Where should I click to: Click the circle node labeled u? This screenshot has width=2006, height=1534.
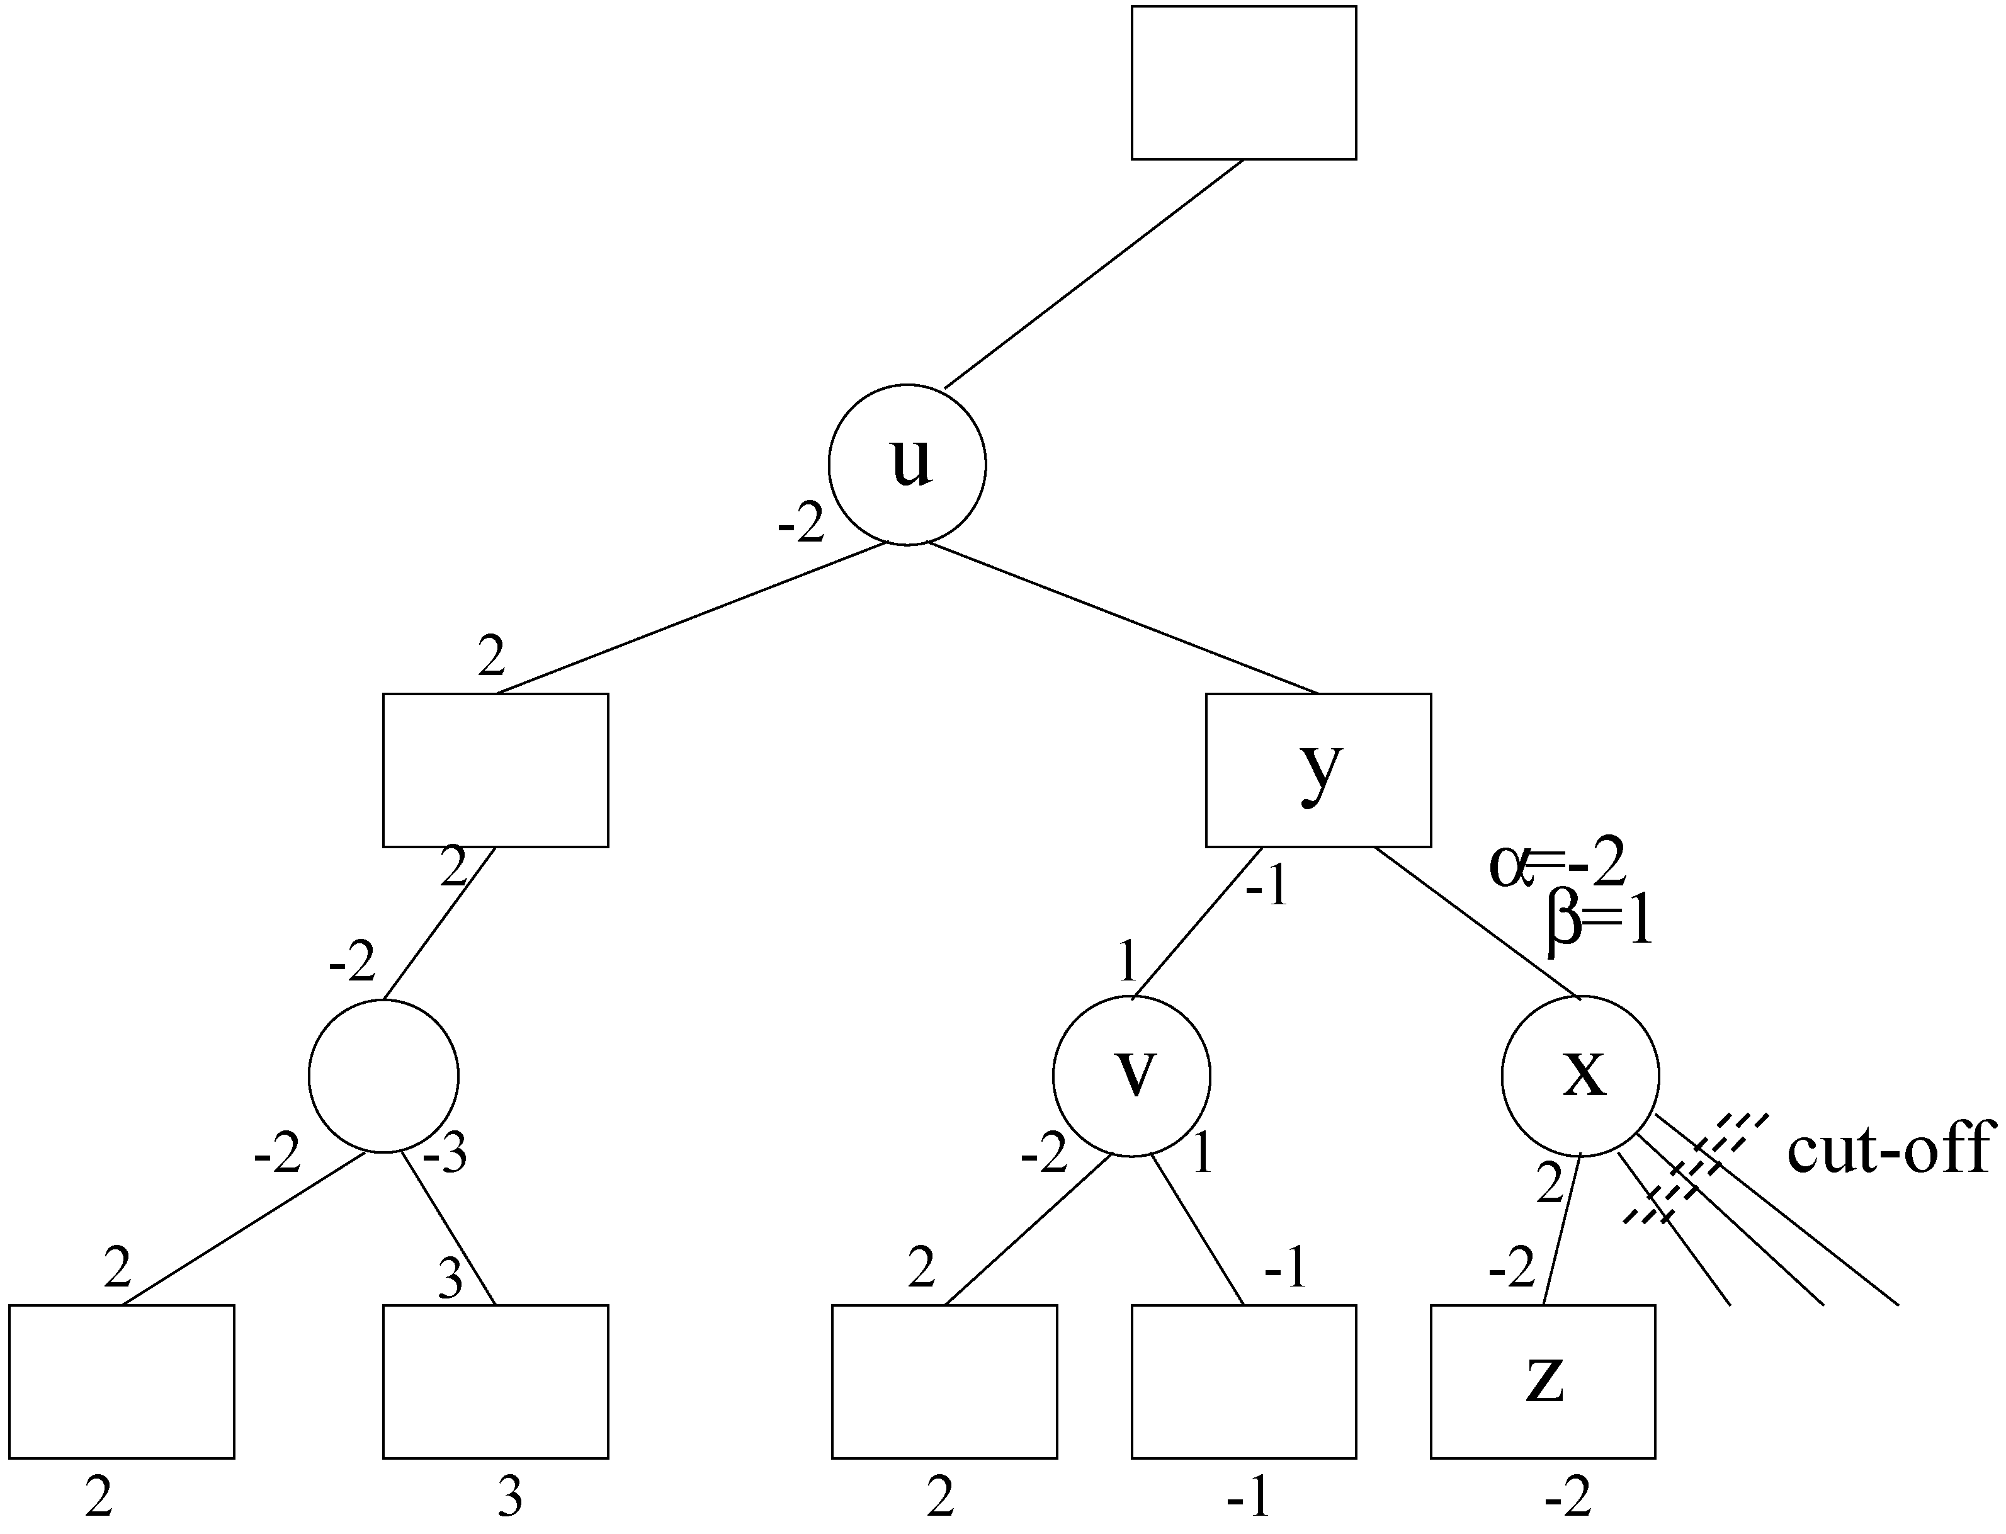coord(907,465)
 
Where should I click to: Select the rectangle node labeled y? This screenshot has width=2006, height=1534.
coord(1318,770)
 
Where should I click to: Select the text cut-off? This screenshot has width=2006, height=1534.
coord(1887,1150)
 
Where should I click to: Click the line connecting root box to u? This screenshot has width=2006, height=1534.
coord(1093,274)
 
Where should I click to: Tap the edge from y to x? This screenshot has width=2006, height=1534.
coord(1476,922)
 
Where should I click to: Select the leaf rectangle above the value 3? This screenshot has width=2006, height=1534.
coord(495,1382)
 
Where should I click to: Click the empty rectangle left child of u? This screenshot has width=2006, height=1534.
coord(495,770)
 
